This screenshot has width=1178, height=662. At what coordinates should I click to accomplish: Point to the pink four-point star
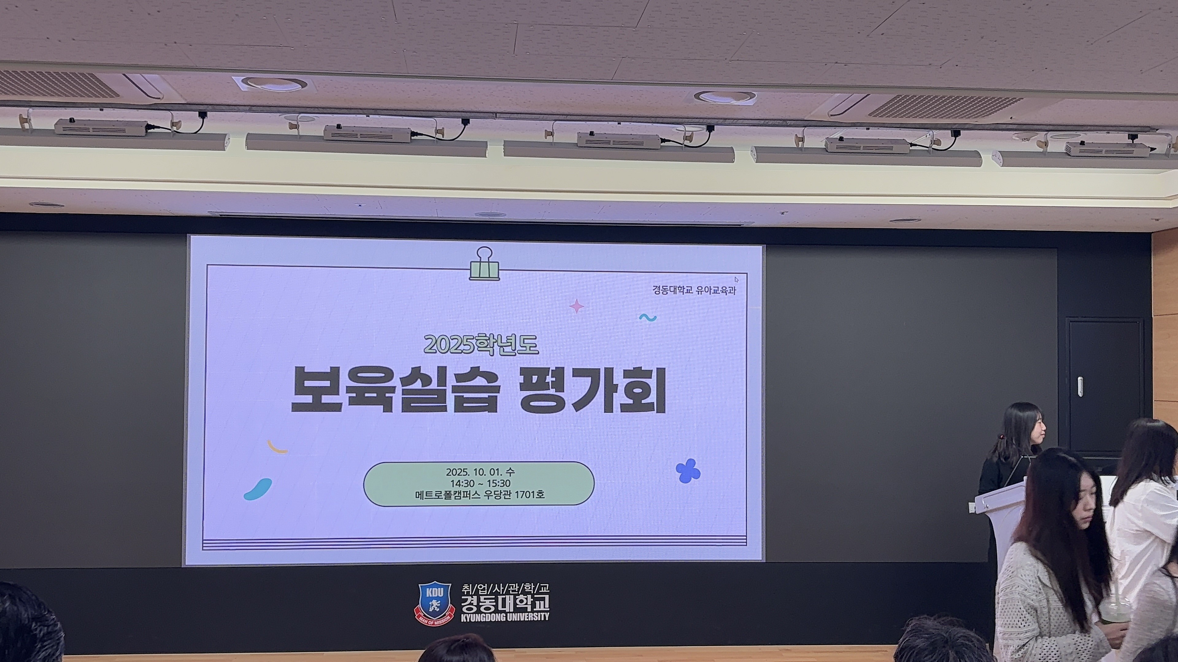[x=577, y=306]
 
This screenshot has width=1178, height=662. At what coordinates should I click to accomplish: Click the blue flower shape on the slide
[x=688, y=470]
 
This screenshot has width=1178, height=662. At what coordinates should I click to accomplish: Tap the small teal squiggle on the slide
[x=648, y=317]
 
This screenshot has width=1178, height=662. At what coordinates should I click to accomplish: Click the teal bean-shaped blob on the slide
[x=258, y=489]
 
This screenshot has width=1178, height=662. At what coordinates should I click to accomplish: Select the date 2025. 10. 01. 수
[x=480, y=471]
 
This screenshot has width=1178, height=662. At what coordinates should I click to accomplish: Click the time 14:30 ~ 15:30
[x=480, y=483]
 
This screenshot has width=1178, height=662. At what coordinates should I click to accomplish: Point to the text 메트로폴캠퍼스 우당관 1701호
[x=480, y=495]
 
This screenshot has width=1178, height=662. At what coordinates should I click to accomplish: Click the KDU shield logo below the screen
[x=434, y=603]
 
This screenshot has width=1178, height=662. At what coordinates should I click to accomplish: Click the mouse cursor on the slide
[x=736, y=280]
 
